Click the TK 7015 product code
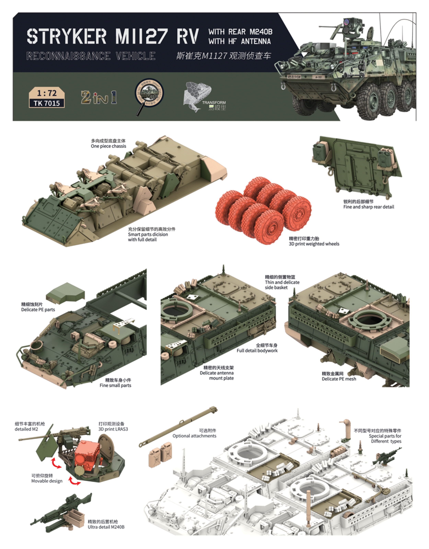(x=47, y=103)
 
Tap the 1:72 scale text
(x=47, y=93)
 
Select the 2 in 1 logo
(x=99, y=98)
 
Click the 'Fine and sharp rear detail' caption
(x=368, y=207)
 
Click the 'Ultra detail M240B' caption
(x=106, y=527)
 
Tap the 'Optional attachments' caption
(x=194, y=436)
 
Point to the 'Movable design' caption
(x=47, y=481)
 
